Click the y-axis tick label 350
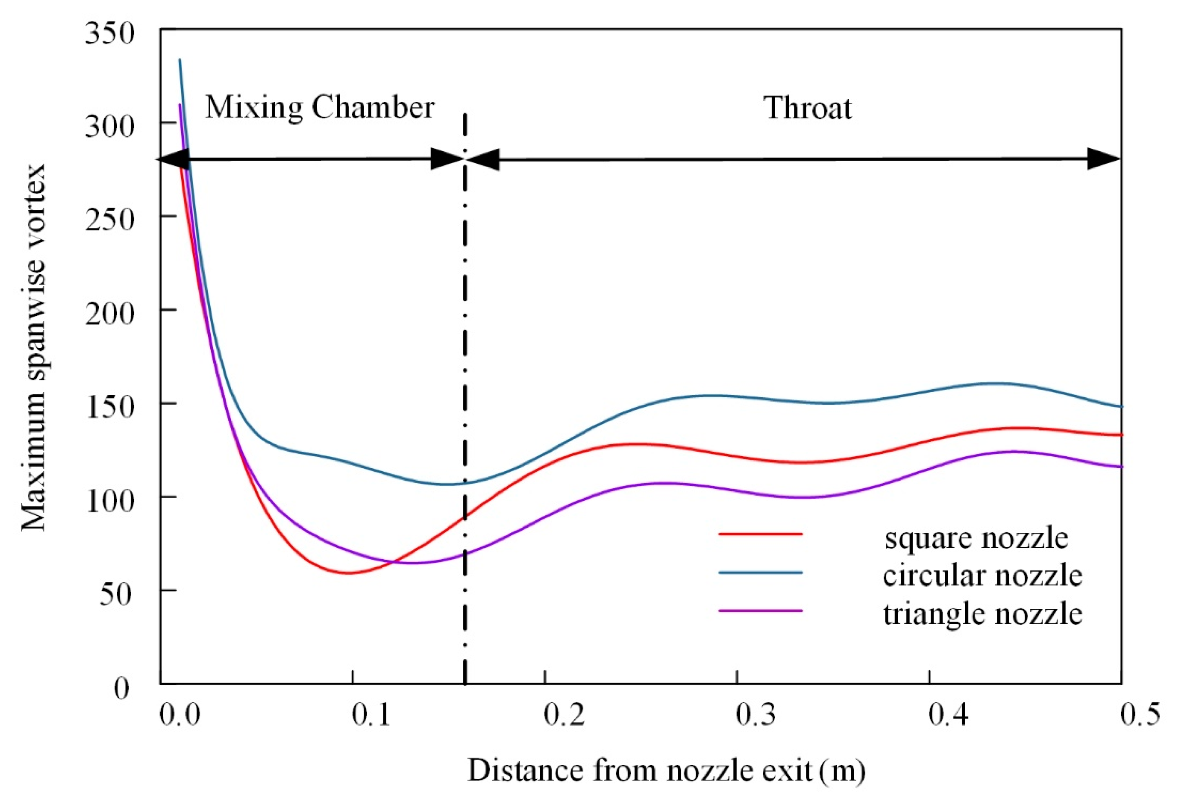coord(109,34)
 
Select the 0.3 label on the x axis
coord(755,715)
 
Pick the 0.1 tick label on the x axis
coord(372,715)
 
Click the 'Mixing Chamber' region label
coord(320,108)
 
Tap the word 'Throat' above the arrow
coord(807,109)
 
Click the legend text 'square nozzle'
coord(975,538)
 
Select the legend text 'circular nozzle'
coord(982,575)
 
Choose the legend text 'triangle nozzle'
coord(982,614)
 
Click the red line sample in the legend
coord(760,534)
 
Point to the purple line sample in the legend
coord(760,610)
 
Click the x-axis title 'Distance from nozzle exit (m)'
coord(666,770)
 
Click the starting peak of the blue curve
coord(180,60)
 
